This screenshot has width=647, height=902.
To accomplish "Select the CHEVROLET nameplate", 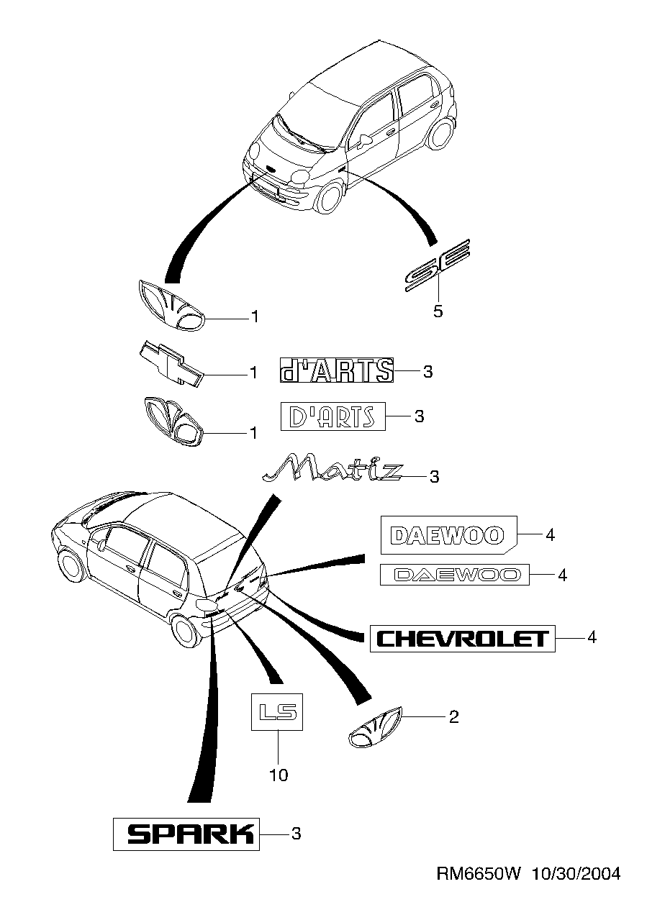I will click(x=463, y=638).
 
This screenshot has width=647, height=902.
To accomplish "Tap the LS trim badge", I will click(x=278, y=712).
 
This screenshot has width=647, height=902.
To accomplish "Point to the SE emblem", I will click(x=437, y=265).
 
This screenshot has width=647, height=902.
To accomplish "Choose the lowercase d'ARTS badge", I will click(x=336, y=370).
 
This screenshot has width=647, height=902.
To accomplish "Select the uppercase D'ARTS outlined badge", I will click(x=332, y=416).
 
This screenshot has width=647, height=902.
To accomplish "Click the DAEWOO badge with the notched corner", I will click(x=448, y=535).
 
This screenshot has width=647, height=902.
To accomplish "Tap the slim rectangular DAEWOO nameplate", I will click(x=454, y=574).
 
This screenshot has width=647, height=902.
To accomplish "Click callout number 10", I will click(x=278, y=775).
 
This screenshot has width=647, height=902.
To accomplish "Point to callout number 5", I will click(x=438, y=311).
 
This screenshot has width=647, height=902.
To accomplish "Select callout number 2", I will click(x=453, y=716).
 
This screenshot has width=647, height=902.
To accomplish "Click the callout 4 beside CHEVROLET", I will click(x=592, y=637).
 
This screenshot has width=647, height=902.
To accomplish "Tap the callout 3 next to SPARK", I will click(x=296, y=834).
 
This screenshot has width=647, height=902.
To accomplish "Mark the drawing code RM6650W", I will click(x=479, y=873).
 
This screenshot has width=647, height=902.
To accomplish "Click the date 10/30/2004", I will click(x=575, y=873).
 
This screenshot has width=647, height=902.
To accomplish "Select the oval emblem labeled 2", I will click(x=374, y=729).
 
